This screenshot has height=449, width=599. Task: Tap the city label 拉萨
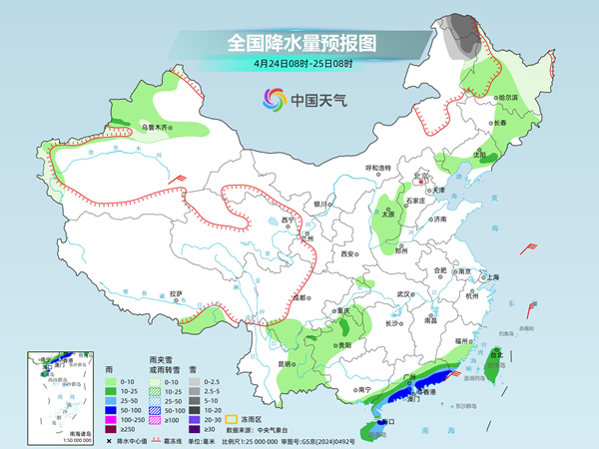pos(176,293)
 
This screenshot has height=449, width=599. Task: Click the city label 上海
pos(491,276)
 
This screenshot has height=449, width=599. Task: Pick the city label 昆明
pos(288,364)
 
